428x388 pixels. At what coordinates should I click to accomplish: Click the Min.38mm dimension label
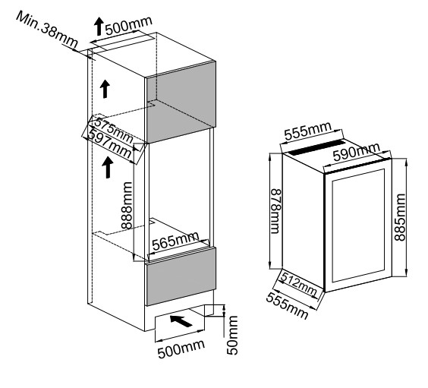[x=47, y=29]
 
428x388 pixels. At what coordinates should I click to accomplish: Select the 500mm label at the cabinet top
[x=128, y=26]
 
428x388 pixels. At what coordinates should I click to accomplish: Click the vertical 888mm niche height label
[x=127, y=205]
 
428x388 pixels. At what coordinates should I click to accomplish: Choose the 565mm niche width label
[x=175, y=241]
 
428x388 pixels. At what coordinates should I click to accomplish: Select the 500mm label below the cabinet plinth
[x=181, y=349]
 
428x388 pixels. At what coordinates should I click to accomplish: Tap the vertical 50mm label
[x=232, y=336]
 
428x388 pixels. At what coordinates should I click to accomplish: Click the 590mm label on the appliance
[x=357, y=152]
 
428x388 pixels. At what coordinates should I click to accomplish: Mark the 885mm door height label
[x=400, y=217]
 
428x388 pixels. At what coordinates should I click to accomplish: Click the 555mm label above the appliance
[x=308, y=131]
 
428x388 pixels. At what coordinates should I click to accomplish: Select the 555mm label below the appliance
[x=287, y=306]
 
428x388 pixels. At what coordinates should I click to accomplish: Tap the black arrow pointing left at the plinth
[x=181, y=320]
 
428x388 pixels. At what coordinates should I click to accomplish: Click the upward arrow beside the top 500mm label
[x=99, y=27]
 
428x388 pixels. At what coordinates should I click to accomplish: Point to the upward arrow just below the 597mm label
[x=108, y=167]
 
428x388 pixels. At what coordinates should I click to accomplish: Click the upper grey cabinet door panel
[x=181, y=102]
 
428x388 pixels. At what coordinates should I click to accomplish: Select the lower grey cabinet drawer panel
[x=181, y=276]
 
